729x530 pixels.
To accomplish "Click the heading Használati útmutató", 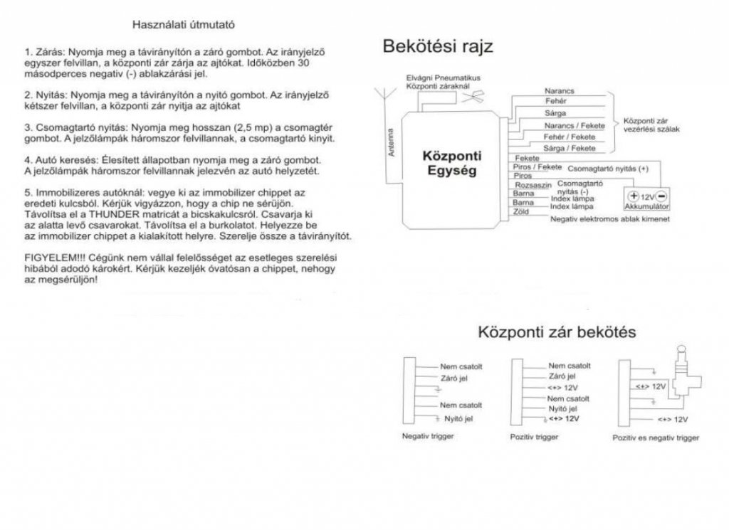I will tap(184, 24).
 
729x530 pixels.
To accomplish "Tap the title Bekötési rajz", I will tap(438, 48).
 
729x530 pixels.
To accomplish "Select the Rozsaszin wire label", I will tap(530, 184).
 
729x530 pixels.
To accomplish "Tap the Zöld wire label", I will tap(521, 211).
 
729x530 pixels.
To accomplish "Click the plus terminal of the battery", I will tap(633, 196).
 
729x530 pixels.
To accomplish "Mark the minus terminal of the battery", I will tap(661, 196).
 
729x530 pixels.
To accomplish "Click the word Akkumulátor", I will tap(646, 207).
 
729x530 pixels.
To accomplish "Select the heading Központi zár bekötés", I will tap(557, 332).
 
